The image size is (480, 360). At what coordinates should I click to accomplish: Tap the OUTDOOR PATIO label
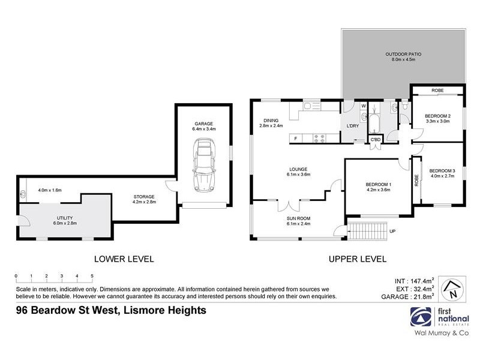click(403, 54)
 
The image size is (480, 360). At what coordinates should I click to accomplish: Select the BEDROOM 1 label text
click(378, 185)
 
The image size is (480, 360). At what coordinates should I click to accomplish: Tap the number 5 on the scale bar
click(92, 276)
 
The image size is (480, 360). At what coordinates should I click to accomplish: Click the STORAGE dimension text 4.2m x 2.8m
click(144, 203)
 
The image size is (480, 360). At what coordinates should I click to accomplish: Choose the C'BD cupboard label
click(376, 139)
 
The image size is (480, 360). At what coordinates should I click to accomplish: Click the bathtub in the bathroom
click(375, 119)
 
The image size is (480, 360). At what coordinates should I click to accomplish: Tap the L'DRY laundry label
click(353, 125)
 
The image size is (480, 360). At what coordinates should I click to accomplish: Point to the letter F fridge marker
click(295, 139)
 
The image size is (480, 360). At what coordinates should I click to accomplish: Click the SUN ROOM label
click(298, 218)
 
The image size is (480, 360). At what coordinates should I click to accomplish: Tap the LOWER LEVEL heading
click(124, 259)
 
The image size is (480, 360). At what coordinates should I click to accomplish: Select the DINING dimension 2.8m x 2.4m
click(271, 125)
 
